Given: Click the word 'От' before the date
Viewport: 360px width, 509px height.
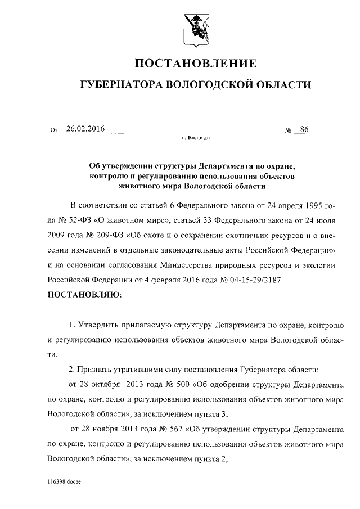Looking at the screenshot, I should [54, 131].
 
